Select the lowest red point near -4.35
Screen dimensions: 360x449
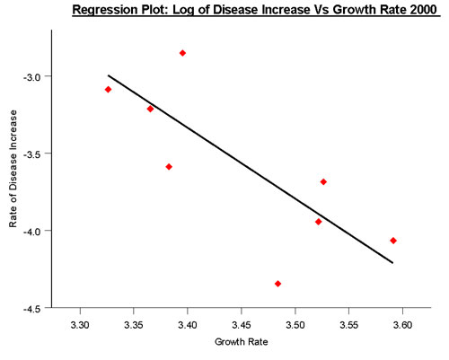(277, 284)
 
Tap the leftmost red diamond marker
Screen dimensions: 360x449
(108, 89)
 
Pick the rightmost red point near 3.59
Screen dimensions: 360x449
(393, 241)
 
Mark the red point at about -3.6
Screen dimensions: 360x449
(168, 166)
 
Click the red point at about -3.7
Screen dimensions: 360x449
(323, 181)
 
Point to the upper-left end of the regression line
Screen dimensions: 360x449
(108, 75)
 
